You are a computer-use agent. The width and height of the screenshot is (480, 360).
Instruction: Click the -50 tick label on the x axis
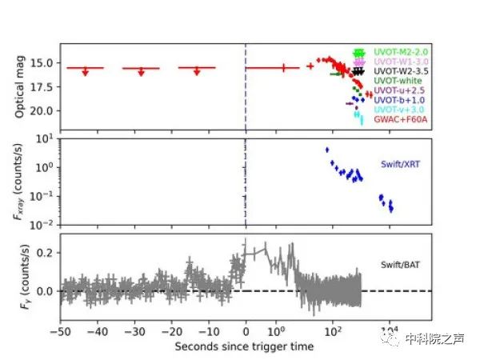point(60,330)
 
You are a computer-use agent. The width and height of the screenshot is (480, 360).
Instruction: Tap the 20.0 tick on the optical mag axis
point(42,110)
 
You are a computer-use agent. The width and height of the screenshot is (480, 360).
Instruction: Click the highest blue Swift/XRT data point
point(326,150)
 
